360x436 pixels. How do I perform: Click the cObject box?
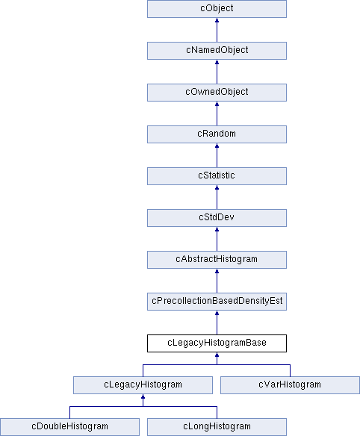point(217,9)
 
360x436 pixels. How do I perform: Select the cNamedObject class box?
point(217,51)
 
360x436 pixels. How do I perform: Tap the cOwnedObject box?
point(217,93)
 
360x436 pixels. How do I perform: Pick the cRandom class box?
point(217,134)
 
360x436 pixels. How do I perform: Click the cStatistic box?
point(217,176)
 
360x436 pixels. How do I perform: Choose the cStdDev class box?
point(217,218)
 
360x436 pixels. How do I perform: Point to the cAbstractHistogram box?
point(217,260)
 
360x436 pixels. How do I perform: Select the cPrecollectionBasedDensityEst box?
point(217,302)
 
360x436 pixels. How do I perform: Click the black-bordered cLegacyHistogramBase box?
point(217,343)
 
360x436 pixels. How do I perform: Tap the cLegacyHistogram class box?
point(143,385)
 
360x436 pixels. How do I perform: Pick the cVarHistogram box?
point(291,385)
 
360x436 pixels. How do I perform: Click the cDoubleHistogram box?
point(69,427)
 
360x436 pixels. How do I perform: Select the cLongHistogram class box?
point(217,427)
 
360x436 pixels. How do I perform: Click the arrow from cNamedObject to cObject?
point(217,30)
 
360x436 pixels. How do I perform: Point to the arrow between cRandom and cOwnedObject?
point(217,113)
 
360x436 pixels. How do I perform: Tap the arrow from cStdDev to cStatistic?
point(217,197)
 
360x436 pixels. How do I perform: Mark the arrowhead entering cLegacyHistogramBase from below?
point(217,355)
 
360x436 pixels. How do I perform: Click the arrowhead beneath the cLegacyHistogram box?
point(143,396)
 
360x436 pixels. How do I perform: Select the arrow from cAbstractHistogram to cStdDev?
point(217,239)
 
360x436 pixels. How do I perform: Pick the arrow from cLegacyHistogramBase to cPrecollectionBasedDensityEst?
point(217,323)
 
